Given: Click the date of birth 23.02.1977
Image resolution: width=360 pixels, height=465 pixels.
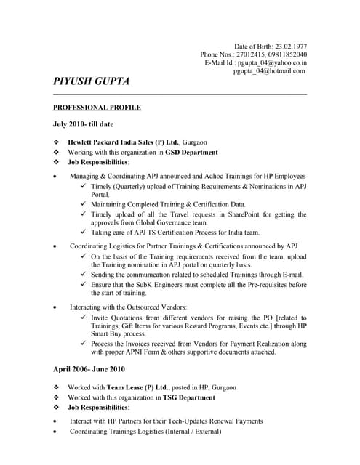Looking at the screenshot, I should [287, 46].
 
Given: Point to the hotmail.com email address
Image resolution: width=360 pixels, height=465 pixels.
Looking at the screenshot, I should [269, 72].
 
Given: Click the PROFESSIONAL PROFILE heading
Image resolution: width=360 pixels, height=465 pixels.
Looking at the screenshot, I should [97, 108].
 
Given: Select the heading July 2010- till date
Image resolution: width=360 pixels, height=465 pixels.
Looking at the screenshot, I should [83, 124].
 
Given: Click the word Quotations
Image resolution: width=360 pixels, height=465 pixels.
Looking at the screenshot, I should [128, 318].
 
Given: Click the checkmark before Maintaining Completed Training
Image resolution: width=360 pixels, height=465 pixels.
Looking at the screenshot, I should [84, 205].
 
